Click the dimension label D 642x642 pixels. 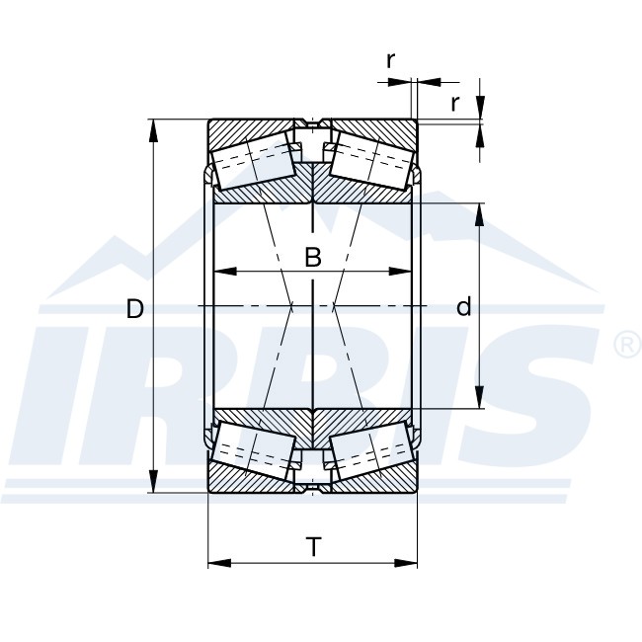point(135,309)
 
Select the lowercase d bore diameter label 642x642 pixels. point(463,308)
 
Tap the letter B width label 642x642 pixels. point(312,259)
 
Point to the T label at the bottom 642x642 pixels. point(313,546)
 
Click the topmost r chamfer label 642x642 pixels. point(391,60)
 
